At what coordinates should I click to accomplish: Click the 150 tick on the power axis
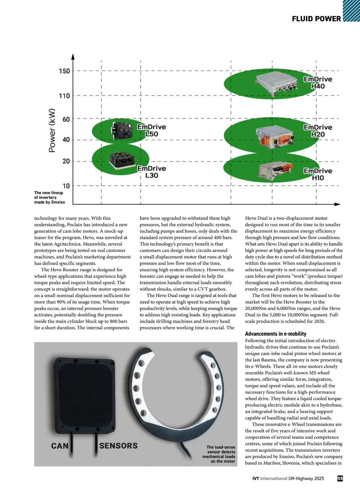[64, 71]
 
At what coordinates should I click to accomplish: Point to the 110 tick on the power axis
[64, 96]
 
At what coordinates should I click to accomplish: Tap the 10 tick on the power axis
[66, 186]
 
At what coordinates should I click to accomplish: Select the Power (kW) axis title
[52, 130]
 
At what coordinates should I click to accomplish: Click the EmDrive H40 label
[318, 83]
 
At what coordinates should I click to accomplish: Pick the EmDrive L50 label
[151, 131]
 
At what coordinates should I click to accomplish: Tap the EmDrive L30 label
[151, 172]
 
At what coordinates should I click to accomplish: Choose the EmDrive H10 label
[318, 174]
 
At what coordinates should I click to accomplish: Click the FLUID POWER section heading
[316, 19]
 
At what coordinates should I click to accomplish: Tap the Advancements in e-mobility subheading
[275, 334]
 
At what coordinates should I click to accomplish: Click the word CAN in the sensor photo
[60, 446]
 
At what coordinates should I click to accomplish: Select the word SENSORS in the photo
[118, 446]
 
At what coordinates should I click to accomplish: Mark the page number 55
[340, 478]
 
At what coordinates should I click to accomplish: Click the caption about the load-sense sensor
[219, 454]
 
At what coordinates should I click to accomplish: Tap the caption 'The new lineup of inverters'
[49, 197]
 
